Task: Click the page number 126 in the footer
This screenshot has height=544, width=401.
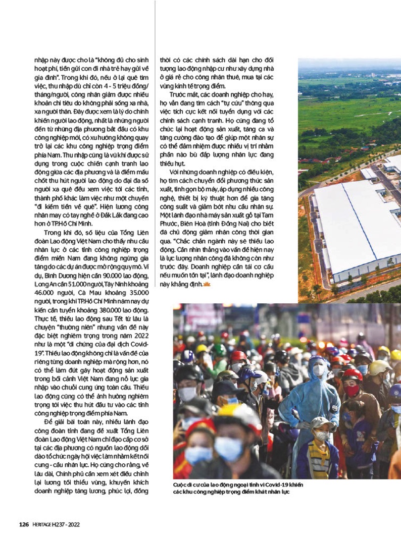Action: click(x=23, y=524)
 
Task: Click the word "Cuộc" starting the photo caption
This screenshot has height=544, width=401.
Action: click(x=180, y=485)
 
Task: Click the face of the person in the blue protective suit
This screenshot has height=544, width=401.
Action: click(x=318, y=370)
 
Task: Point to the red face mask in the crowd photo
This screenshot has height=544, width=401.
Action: click(x=352, y=390)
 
